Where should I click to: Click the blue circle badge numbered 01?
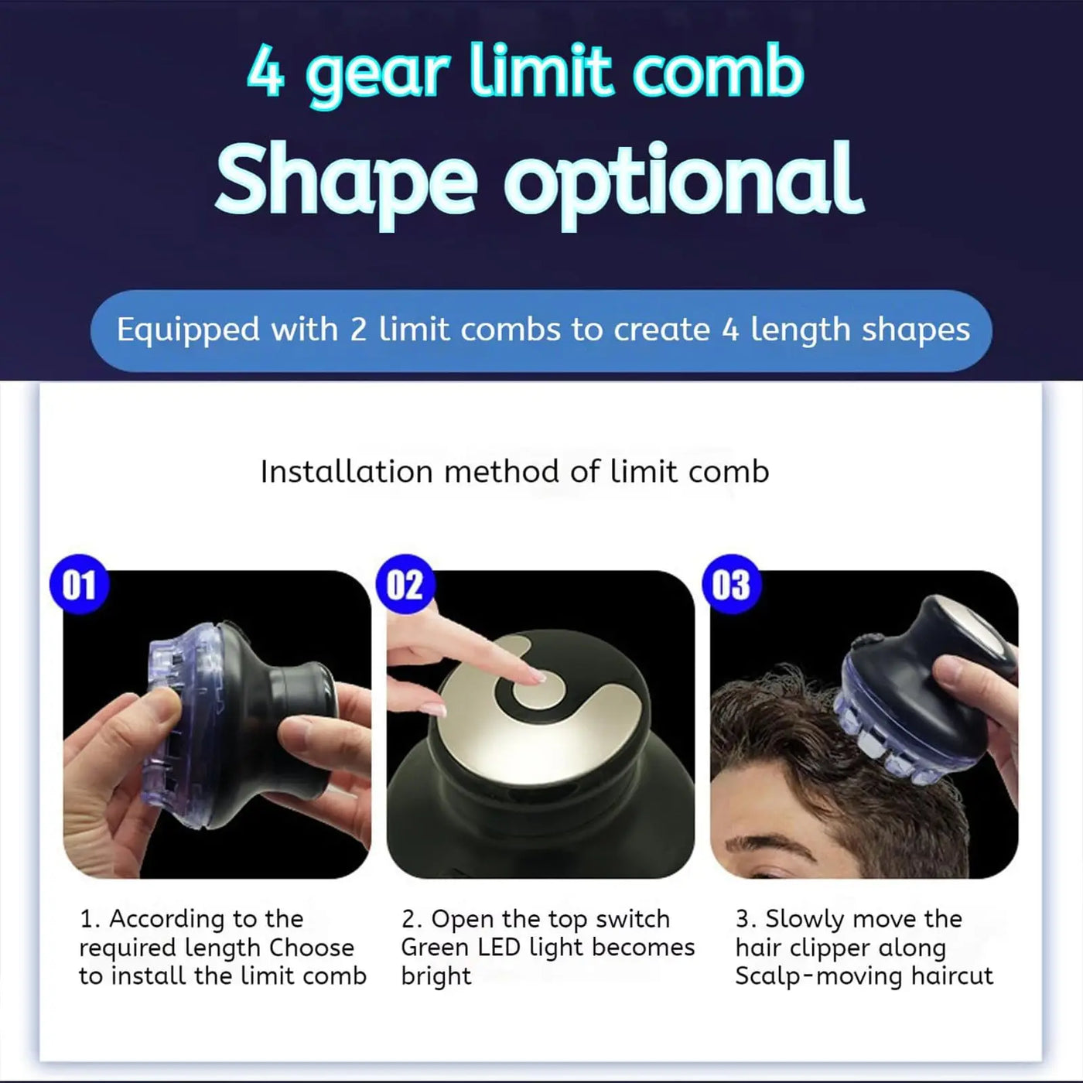(79, 585)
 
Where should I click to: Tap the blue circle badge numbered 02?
(405, 585)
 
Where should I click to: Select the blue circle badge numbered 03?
(731, 585)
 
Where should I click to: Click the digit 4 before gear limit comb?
(265, 73)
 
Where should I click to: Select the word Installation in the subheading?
(346, 472)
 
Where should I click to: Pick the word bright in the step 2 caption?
(436, 977)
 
